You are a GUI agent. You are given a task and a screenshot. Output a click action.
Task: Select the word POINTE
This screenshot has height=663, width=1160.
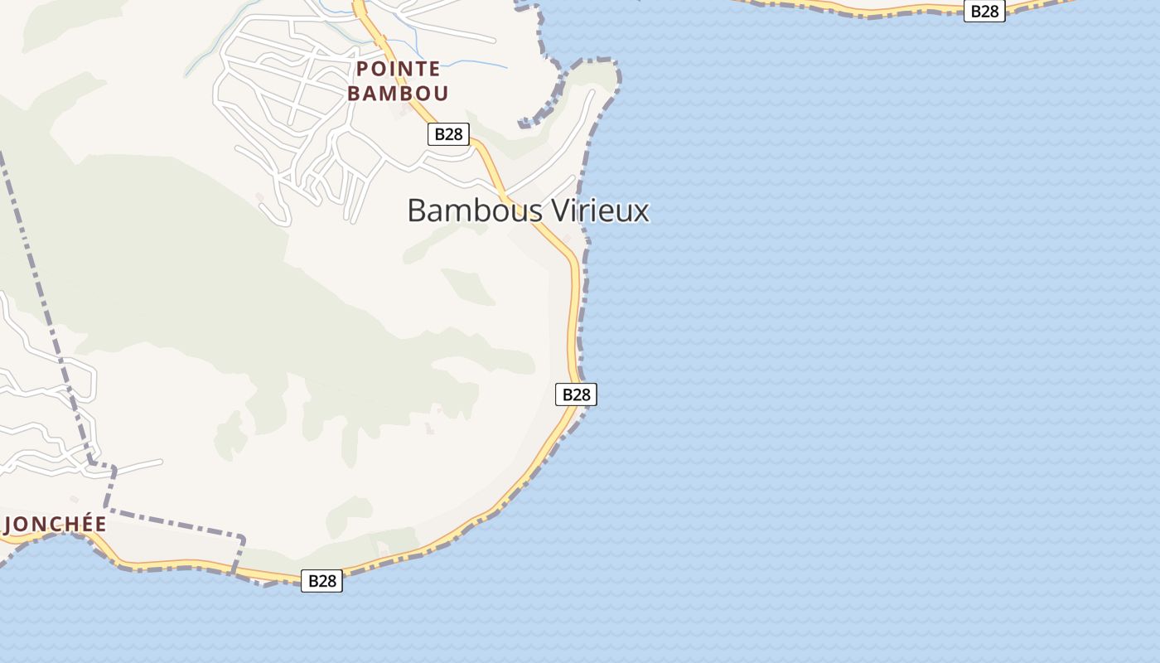[398, 69]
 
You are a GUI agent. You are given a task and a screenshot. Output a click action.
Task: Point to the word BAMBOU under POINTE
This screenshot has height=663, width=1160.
[398, 93]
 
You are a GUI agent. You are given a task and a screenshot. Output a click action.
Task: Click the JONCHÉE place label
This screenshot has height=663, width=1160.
[56, 524]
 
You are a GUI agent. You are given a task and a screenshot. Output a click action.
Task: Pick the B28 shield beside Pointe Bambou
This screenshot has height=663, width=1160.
[448, 134]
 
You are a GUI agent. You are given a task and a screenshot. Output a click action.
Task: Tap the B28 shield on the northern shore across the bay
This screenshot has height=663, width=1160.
[984, 11]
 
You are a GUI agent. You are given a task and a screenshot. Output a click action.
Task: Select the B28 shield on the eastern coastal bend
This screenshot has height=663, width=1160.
[576, 394]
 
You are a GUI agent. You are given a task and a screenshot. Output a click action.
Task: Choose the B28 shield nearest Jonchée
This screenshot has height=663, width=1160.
[321, 581]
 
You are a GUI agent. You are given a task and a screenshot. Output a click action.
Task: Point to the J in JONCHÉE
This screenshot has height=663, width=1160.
[10, 525]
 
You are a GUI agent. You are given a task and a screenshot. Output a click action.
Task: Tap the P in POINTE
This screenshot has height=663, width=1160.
[363, 69]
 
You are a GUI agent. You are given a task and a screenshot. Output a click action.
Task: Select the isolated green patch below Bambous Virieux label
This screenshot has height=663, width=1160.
[470, 286]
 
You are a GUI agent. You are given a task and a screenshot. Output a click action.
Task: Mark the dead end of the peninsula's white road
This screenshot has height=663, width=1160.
[592, 92]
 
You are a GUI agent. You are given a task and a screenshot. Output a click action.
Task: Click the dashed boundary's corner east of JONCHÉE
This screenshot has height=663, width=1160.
[242, 539]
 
